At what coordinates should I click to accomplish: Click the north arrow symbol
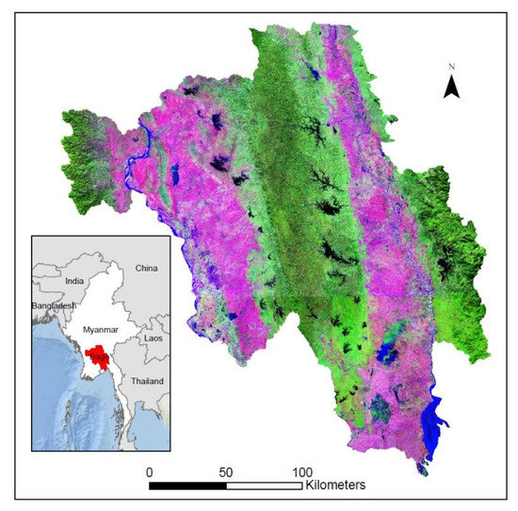[451, 88]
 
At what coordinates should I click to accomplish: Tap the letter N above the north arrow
[452, 67]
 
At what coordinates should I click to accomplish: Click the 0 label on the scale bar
[149, 470]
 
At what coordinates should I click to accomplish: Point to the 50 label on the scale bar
[226, 470]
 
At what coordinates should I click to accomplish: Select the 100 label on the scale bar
[303, 470]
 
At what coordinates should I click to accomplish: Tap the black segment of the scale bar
[187, 486]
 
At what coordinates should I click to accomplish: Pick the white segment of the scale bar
[265, 486]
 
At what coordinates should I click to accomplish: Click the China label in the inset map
[146, 268]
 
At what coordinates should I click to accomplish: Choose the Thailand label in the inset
[146, 380]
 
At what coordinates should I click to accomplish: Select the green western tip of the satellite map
[80, 132]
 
